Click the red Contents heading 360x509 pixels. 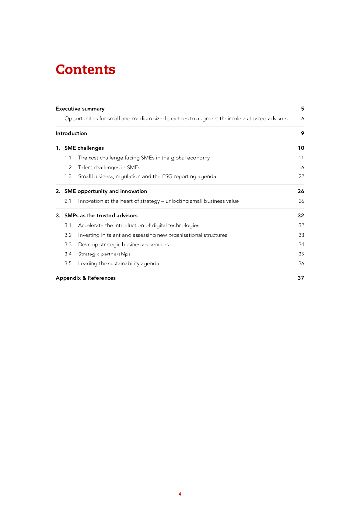(86, 69)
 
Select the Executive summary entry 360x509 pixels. (80, 109)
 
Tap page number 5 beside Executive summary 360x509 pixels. (302, 109)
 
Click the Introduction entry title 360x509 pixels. (71, 133)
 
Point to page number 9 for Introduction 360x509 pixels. (302, 133)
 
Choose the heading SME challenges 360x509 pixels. (84, 148)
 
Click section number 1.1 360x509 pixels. (68, 158)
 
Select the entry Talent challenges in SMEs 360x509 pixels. (109, 167)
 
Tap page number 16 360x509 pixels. (301, 167)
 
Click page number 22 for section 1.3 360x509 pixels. (301, 176)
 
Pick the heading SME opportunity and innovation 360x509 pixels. (105, 191)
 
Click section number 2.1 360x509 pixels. (68, 201)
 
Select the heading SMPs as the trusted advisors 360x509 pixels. (101, 216)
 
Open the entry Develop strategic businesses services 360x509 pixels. (123, 244)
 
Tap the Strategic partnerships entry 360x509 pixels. (104, 254)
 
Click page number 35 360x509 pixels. (301, 254)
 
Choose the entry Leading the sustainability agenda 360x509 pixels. (118, 263)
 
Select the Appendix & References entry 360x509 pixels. (86, 278)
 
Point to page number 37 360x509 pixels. (301, 278)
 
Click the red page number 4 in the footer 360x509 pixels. (180, 494)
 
